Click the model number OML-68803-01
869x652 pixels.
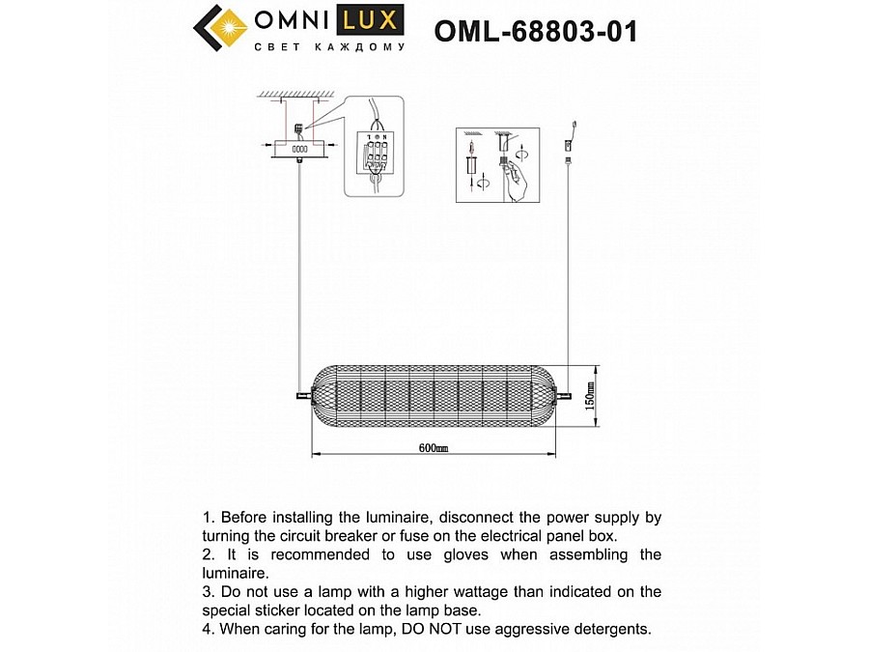535,32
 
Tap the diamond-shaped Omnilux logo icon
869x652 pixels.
221,30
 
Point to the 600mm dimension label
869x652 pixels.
434,448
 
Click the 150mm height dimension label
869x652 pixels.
588,395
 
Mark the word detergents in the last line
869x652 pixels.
611,630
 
